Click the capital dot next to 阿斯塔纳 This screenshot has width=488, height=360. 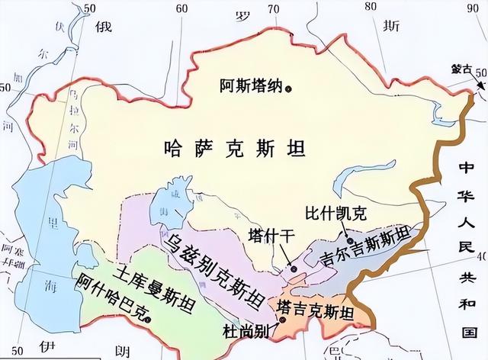[x=289, y=88]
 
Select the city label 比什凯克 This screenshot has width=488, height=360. [x=329, y=214]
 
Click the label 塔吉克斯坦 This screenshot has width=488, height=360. [x=316, y=311]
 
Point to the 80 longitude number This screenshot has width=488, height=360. [x=371, y=7]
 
